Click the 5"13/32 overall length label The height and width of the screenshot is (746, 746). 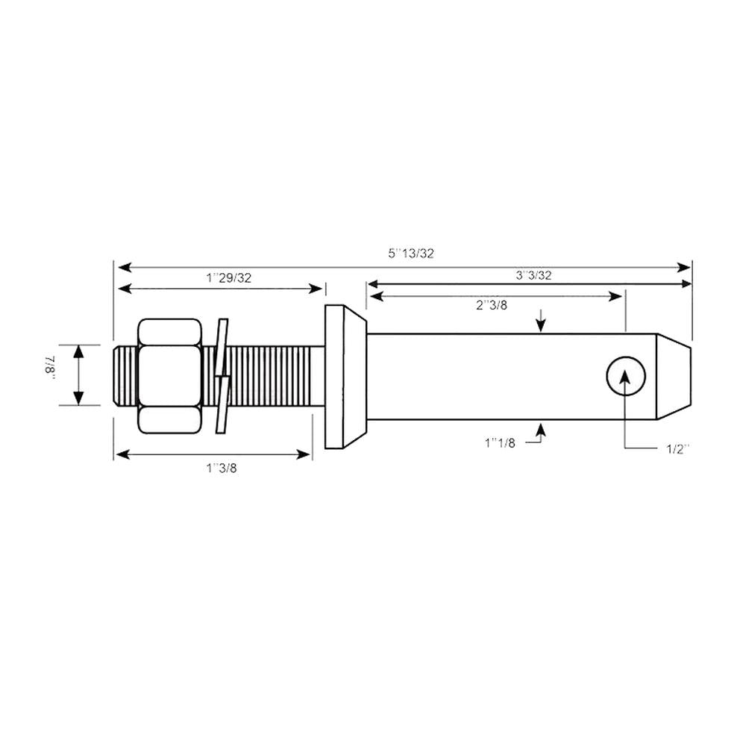[x=410, y=253]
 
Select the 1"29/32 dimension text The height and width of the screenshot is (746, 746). [x=228, y=278]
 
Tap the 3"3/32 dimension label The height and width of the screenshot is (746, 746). [x=533, y=275]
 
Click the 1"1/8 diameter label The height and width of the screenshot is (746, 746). [x=500, y=443]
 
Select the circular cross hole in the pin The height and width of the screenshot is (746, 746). [x=624, y=375]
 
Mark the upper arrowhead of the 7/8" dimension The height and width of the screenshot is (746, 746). [x=79, y=351]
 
